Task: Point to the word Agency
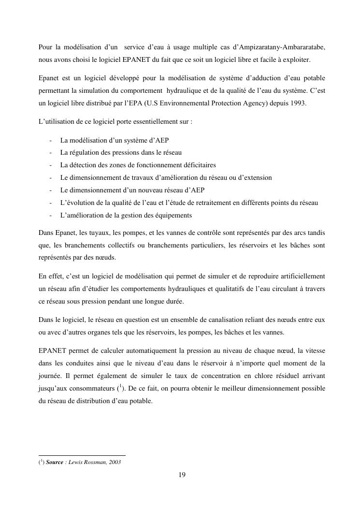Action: (x=248, y=103)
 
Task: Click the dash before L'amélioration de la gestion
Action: (x=51, y=215)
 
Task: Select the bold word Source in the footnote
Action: (x=55, y=462)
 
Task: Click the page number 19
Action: (x=182, y=475)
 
